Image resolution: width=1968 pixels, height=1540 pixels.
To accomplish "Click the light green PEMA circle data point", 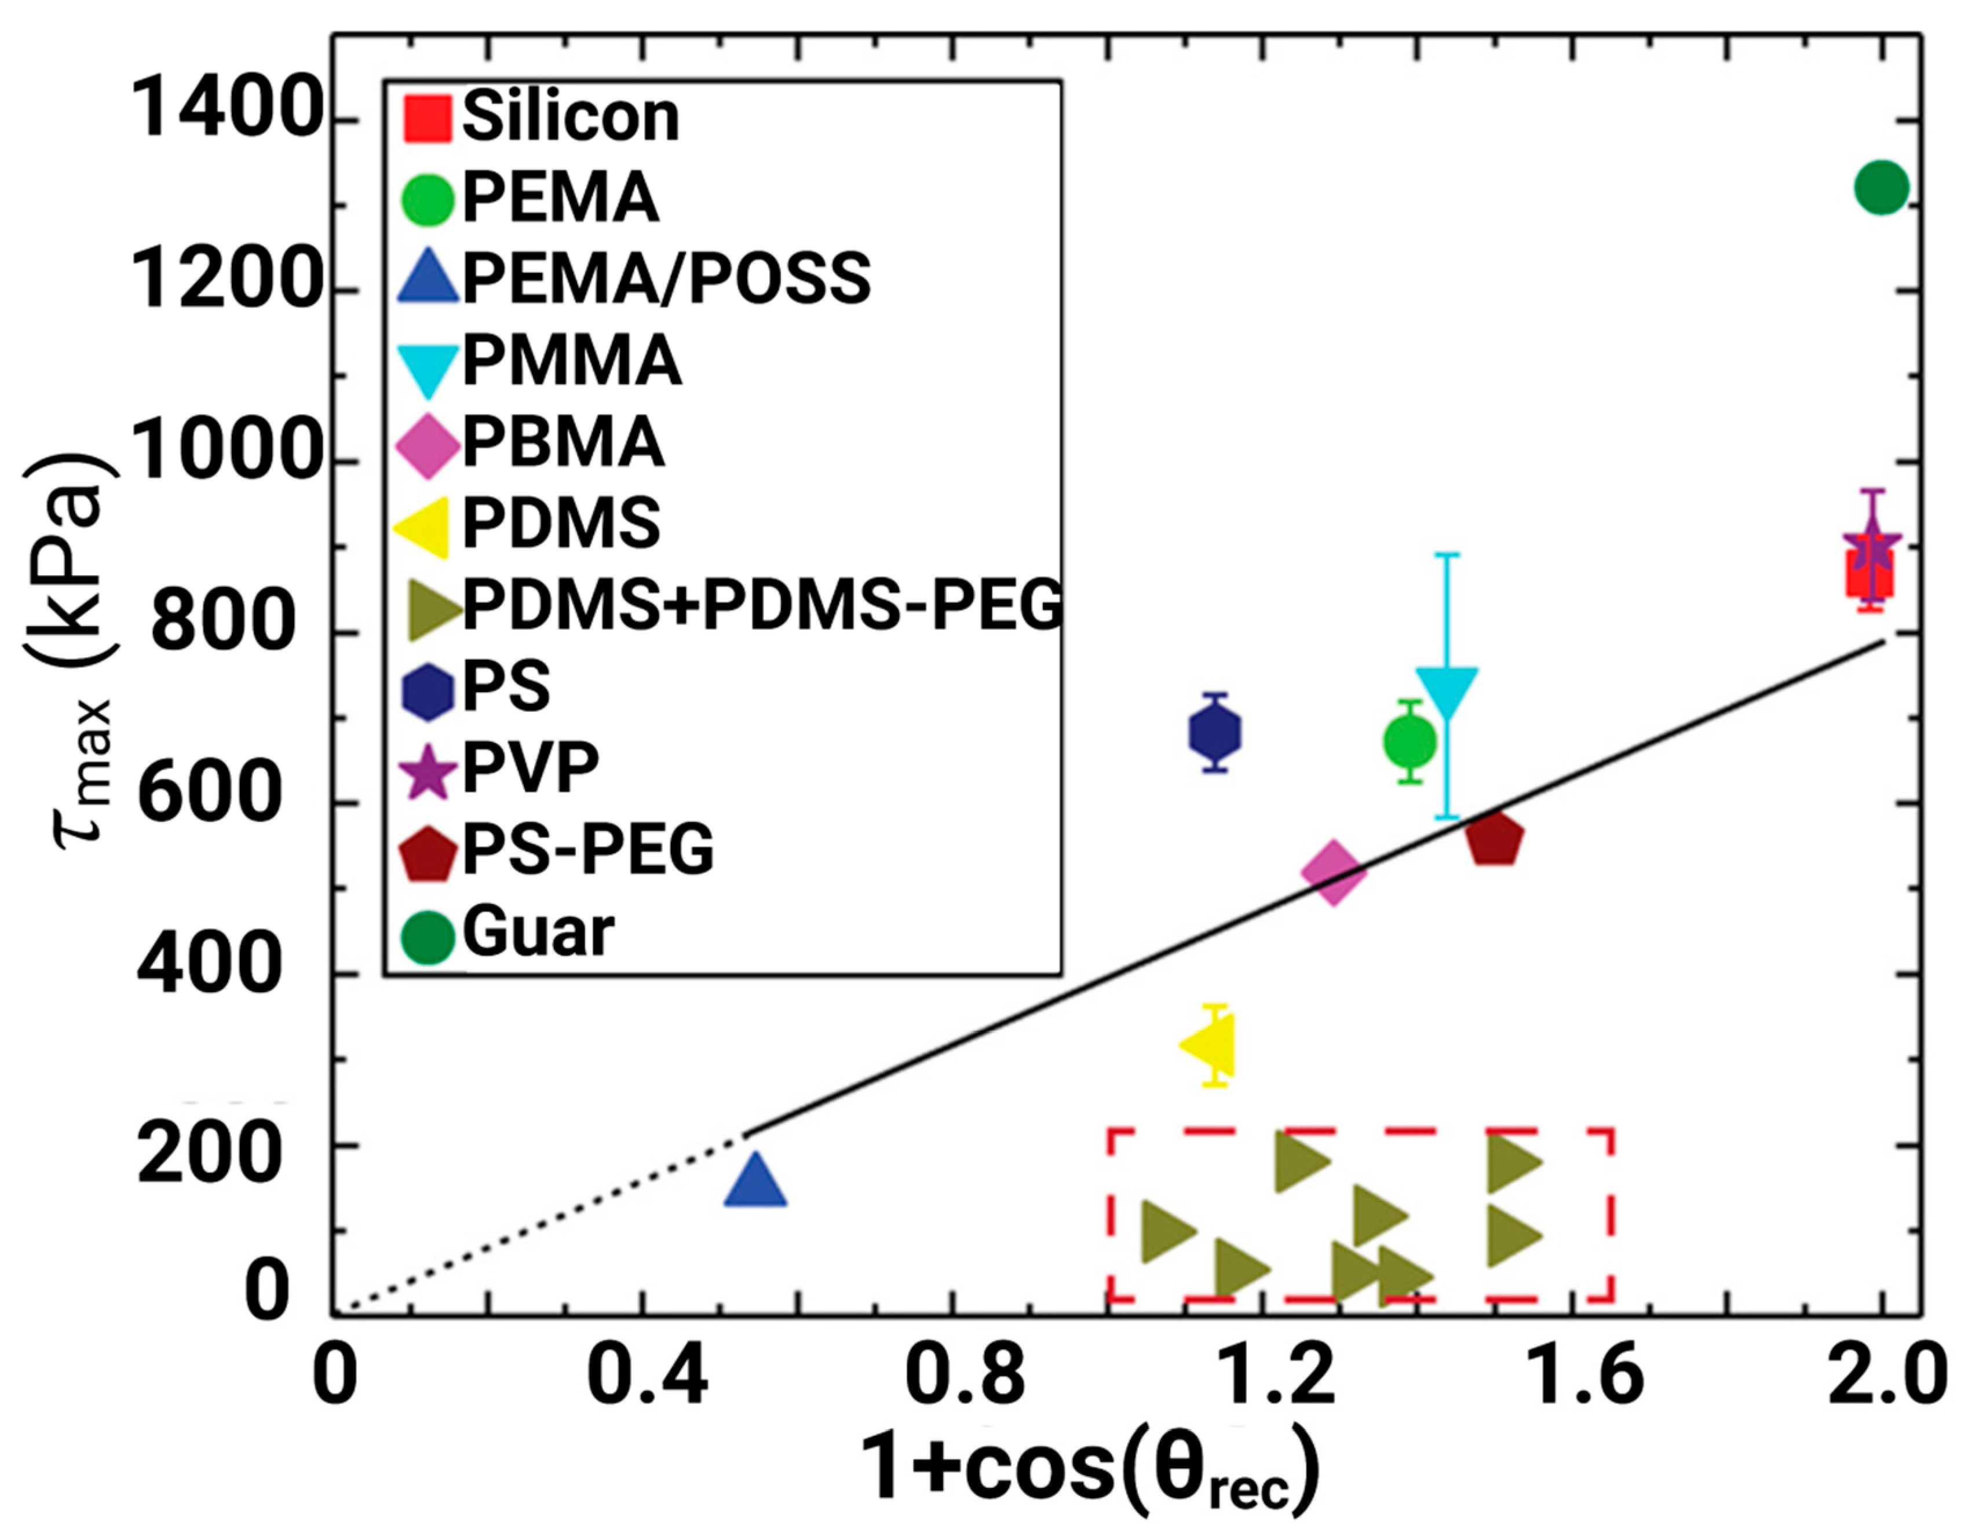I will point(1410,742).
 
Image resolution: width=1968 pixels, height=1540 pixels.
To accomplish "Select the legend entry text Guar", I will point(538,932).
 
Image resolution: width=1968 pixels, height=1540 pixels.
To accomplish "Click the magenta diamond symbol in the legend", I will point(428,444).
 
